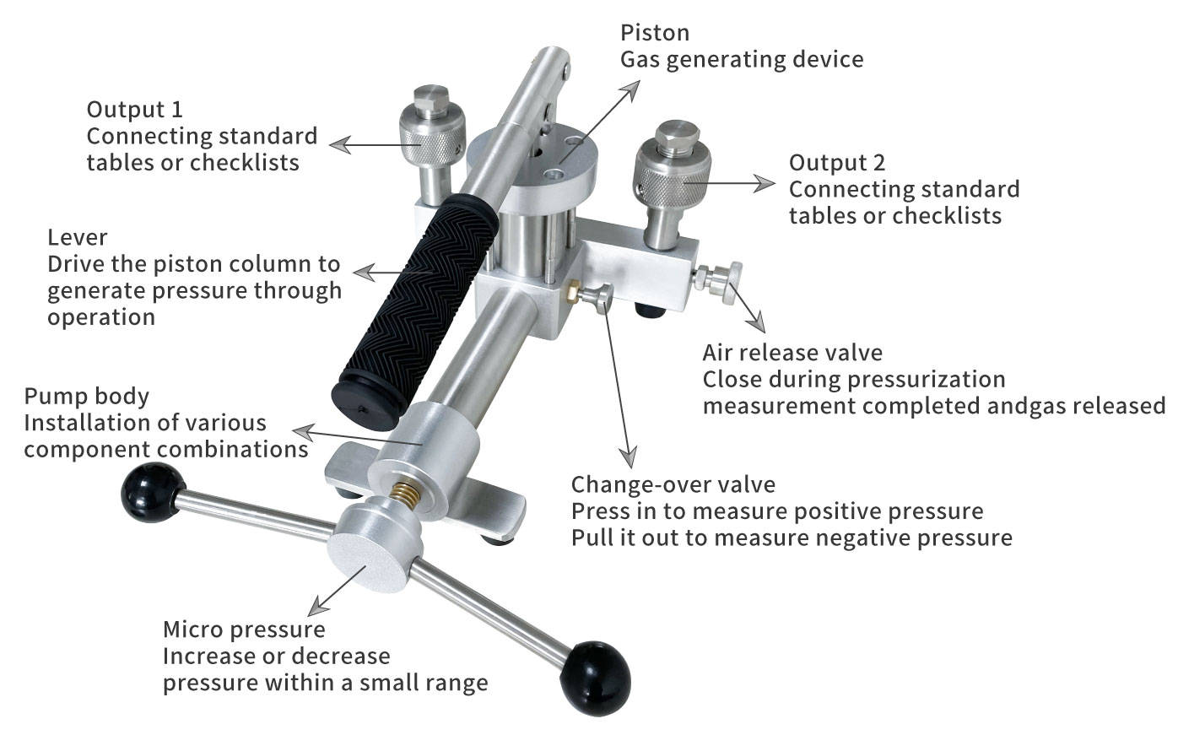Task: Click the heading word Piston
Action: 655,33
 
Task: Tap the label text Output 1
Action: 135,110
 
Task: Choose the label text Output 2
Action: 837,163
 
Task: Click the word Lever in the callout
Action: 78,238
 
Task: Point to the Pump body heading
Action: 86,397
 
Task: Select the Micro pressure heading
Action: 244,630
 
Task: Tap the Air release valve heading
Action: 792,353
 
